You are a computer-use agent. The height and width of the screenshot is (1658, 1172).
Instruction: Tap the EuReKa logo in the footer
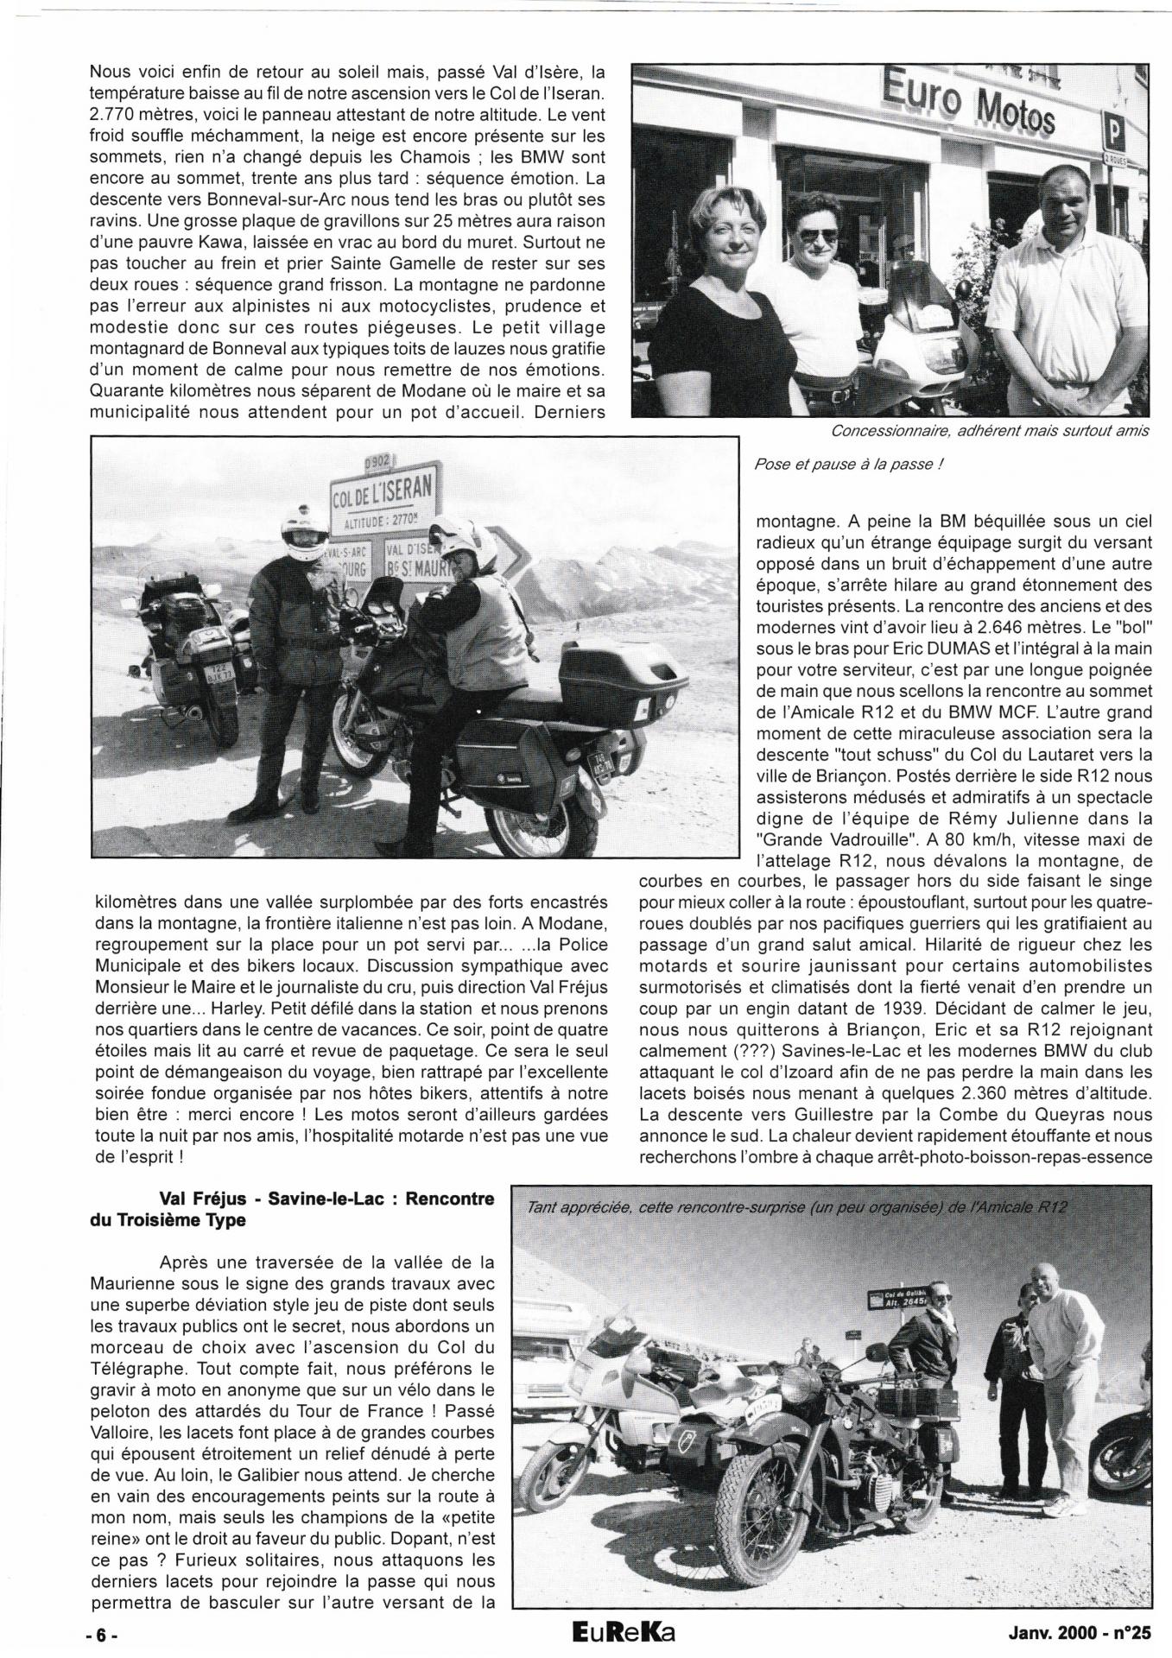[616, 1634]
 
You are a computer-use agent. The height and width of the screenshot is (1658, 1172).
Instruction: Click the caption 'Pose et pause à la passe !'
[848, 464]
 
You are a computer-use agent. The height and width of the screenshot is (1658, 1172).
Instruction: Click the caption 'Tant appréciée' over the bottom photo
[789, 1206]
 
